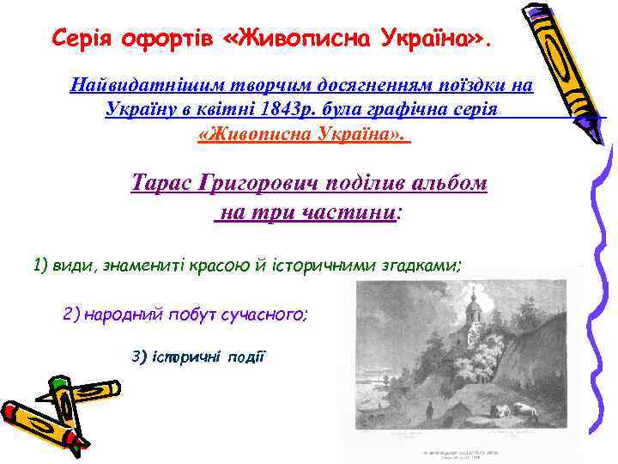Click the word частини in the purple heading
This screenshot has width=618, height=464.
[348, 211]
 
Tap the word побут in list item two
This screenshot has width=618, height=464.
[185, 314]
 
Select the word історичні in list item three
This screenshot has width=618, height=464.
[188, 356]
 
